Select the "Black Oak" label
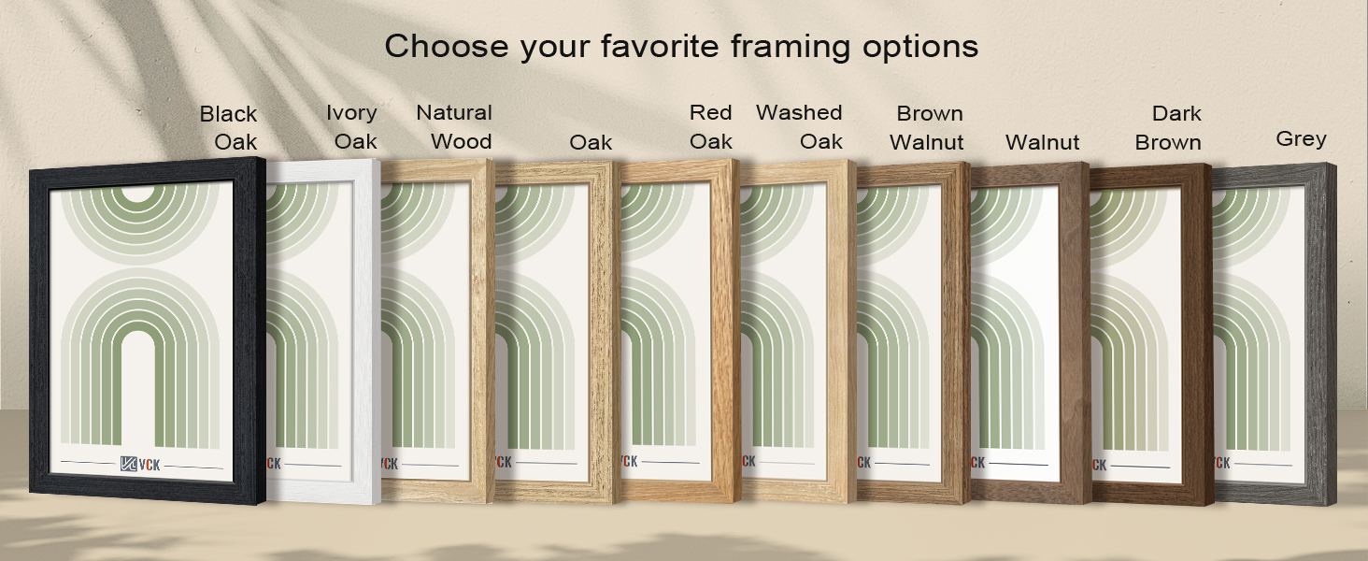tap(229, 128)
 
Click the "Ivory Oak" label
tap(352, 127)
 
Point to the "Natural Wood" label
tap(454, 127)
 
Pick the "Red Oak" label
tap(711, 127)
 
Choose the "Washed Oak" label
tap(800, 127)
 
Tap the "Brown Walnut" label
tap(927, 128)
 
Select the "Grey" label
tap(1301, 139)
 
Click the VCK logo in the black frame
tap(140, 464)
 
